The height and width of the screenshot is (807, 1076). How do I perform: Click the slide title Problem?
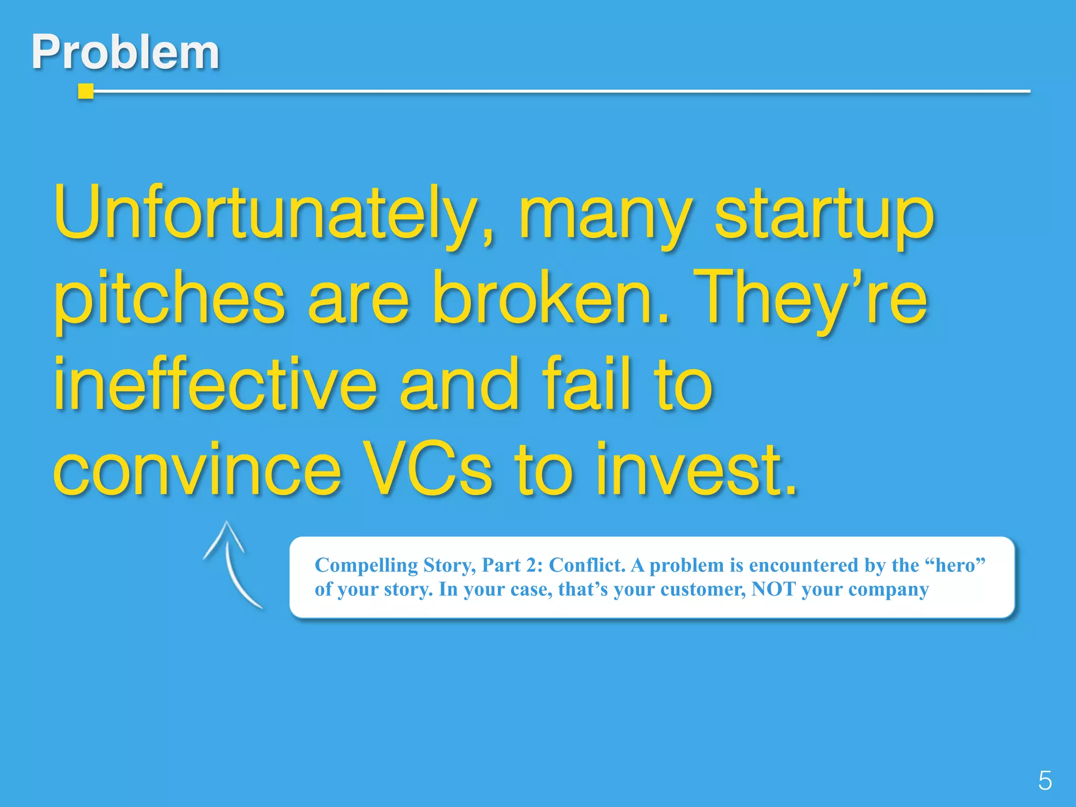[x=125, y=52]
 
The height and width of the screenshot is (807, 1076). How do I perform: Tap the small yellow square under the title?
[x=85, y=91]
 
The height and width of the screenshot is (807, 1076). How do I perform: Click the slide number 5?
[x=1044, y=780]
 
